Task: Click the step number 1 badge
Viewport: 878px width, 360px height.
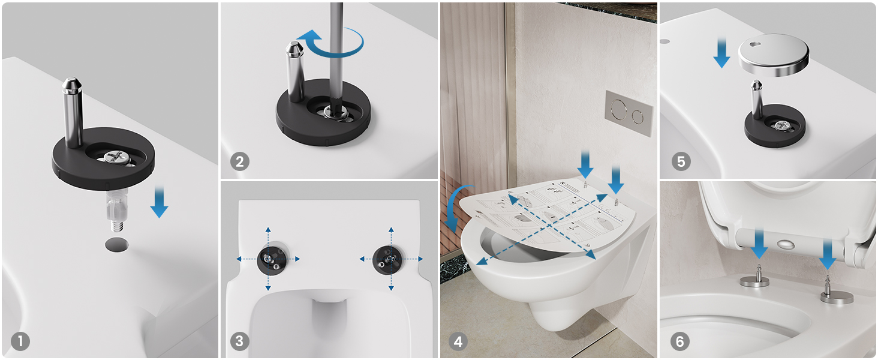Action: coord(20,341)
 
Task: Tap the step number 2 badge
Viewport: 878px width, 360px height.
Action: coord(239,161)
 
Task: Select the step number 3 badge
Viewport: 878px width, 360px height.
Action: coord(239,341)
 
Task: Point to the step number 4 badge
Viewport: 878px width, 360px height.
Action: coord(458,341)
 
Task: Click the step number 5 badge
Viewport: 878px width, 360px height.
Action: coord(681,161)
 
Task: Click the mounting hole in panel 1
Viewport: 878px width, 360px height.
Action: coord(117,244)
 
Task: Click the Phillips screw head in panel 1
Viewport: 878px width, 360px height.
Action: coord(116,157)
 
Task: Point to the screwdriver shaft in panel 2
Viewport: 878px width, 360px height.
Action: coord(335,51)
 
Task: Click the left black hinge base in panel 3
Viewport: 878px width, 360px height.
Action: coord(272,259)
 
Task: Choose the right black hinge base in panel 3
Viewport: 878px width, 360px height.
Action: coord(387,260)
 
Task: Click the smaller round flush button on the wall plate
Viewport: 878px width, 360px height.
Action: coord(638,116)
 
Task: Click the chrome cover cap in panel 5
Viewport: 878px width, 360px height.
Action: coord(773,55)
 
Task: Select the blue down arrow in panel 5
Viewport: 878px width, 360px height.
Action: coord(721,53)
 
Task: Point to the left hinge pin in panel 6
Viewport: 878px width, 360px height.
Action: coord(754,277)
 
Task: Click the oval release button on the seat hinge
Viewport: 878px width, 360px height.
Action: coord(786,245)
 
